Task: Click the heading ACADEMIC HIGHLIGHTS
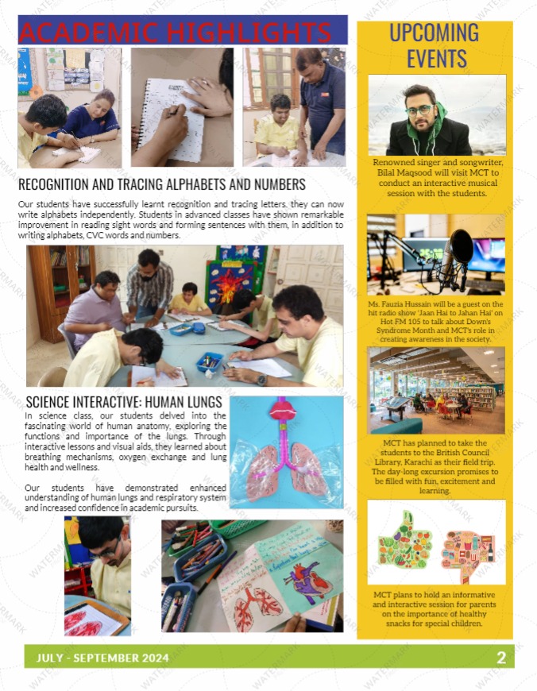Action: click(x=175, y=32)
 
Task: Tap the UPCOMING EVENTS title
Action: click(x=435, y=45)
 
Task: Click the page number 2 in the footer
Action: click(x=501, y=657)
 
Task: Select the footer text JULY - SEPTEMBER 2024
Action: click(x=98, y=658)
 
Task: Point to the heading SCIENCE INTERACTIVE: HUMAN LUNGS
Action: click(x=124, y=402)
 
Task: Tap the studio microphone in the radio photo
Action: click(x=459, y=253)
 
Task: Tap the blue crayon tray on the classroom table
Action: click(x=209, y=362)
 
